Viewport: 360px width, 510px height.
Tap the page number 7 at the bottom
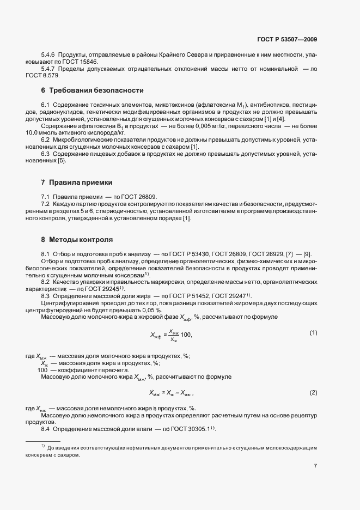click(x=315, y=466)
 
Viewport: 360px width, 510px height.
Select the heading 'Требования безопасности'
click(x=96, y=90)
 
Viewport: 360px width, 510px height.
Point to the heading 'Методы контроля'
click(x=81, y=239)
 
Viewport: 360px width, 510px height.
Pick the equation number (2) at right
click(x=313, y=392)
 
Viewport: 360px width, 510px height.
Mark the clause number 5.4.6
click(x=48, y=55)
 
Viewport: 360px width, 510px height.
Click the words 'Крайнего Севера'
click(x=186, y=55)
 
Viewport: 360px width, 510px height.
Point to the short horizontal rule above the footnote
click(x=44, y=441)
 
